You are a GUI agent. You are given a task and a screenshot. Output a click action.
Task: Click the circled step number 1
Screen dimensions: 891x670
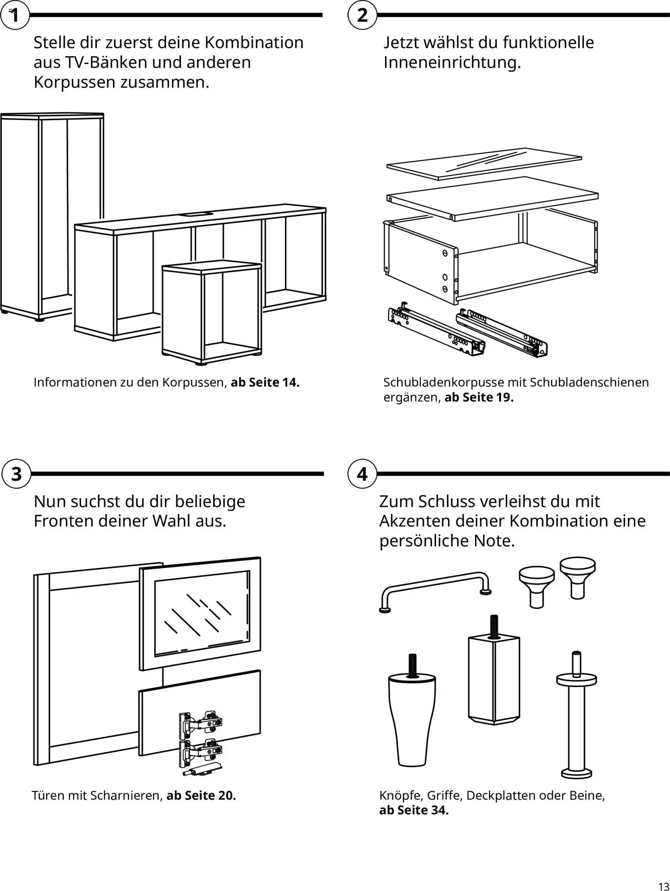click(15, 16)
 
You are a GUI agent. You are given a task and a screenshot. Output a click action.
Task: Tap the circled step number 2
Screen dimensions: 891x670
click(362, 16)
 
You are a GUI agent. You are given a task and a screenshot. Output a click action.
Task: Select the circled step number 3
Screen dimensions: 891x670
click(16, 474)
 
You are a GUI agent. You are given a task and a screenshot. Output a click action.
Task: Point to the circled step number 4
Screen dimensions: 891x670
click(362, 474)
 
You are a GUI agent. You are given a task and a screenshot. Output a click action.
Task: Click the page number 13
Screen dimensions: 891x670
click(663, 884)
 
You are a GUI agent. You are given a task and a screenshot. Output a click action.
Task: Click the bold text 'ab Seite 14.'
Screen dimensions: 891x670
click(265, 382)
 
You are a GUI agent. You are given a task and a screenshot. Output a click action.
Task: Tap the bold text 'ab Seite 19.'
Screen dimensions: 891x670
click(479, 398)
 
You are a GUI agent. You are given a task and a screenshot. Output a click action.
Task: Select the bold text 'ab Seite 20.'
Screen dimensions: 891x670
click(201, 796)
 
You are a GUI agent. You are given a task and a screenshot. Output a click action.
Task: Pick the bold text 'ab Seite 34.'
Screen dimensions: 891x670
click(414, 810)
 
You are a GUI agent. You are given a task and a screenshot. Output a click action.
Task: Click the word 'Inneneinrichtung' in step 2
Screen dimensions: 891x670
click(451, 63)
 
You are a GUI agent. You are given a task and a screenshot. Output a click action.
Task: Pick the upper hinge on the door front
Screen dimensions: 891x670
click(201, 722)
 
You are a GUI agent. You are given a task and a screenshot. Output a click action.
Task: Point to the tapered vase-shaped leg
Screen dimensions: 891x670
click(412, 717)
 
